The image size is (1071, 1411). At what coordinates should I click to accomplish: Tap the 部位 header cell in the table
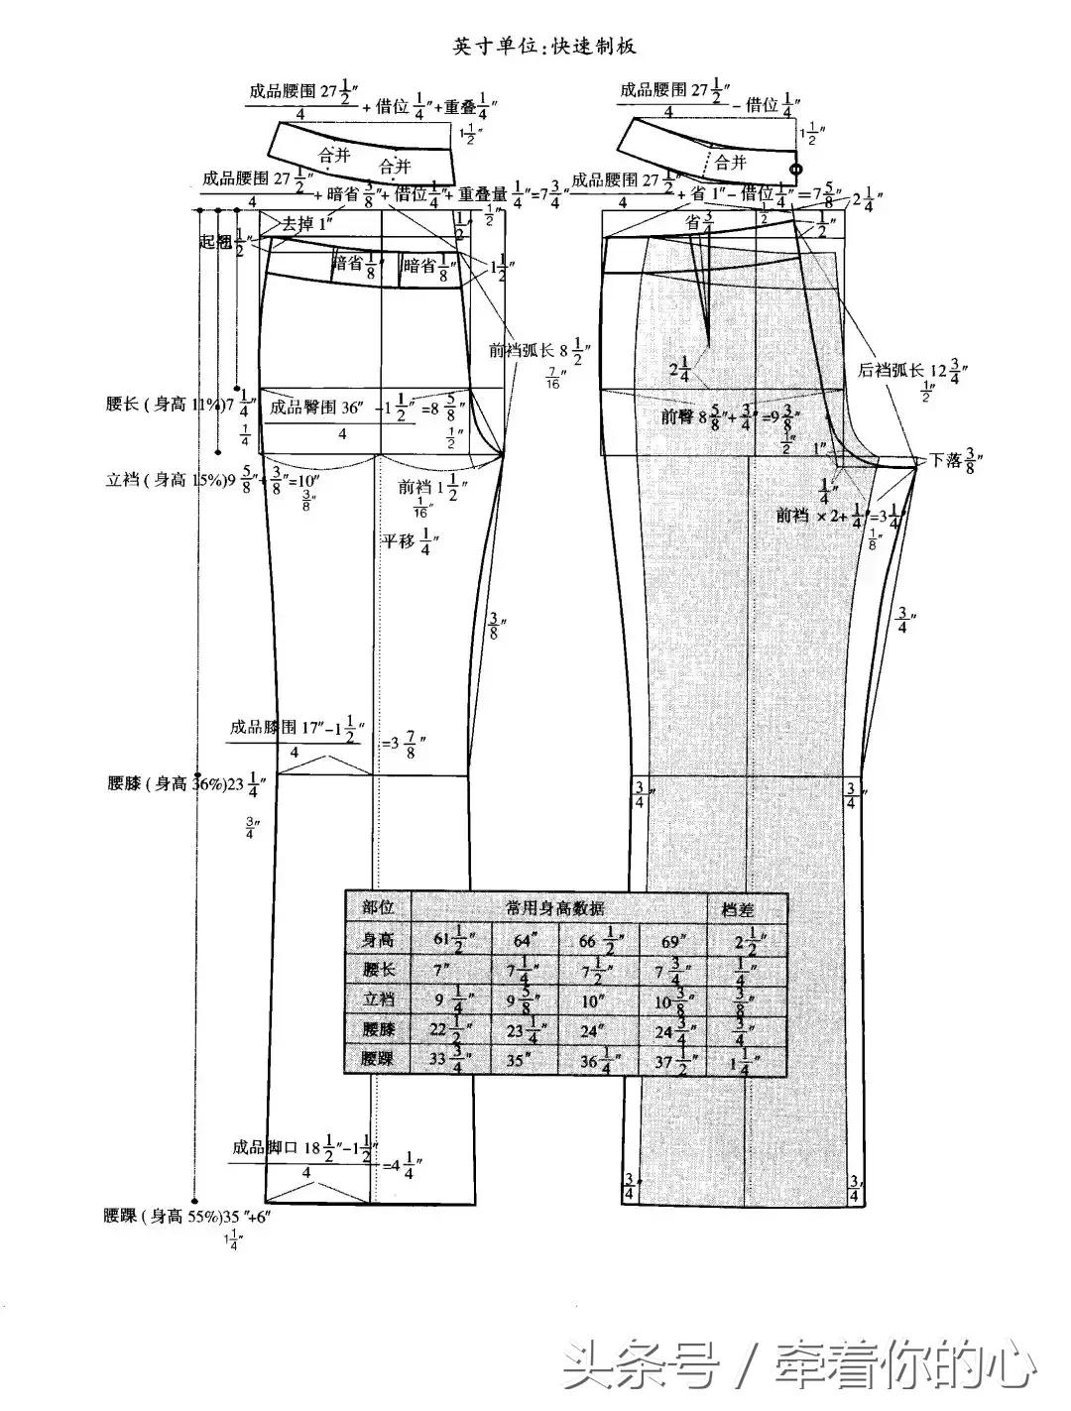[379, 907]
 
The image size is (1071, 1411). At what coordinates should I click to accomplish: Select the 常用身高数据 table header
[555, 907]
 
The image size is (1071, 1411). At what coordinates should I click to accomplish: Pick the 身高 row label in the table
[379, 937]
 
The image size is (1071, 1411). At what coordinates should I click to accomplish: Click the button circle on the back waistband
[794, 170]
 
